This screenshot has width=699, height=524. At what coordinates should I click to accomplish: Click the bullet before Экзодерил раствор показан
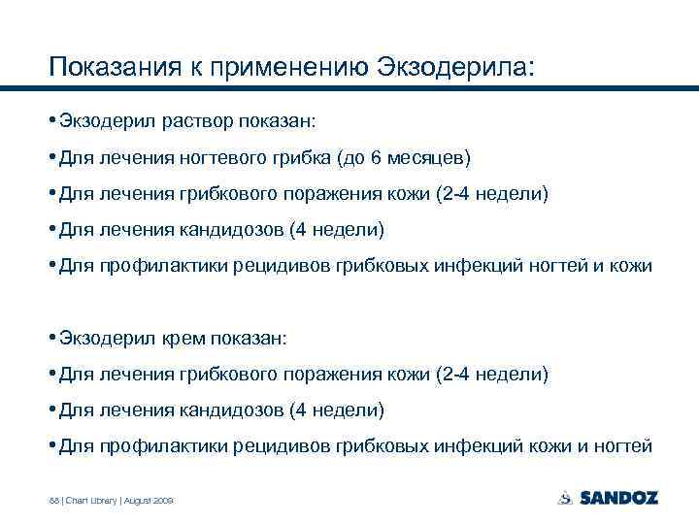click(52, 121)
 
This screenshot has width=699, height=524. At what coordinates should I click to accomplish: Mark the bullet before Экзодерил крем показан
click(52, 338)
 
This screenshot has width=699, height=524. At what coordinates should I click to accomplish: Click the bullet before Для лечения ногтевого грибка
click(52, 157)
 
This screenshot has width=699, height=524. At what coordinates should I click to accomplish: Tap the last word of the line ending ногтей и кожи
click(631, 265)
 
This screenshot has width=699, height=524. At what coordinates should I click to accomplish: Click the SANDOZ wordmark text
click(618, 498)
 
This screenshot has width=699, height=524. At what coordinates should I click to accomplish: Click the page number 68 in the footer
click(53, 500)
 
